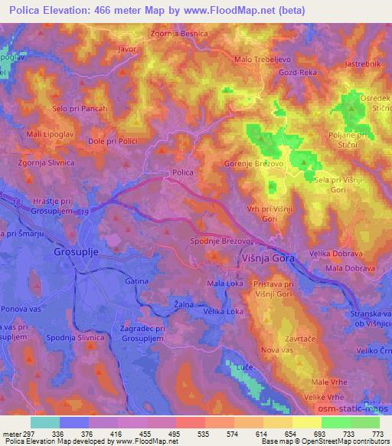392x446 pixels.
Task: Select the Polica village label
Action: click(x=182, y=173)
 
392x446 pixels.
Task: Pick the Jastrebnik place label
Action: click(x=362, y=64)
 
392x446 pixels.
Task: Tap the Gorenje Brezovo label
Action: click(x=255, y=164)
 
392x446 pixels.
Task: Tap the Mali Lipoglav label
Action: click(x=46, y=133)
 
